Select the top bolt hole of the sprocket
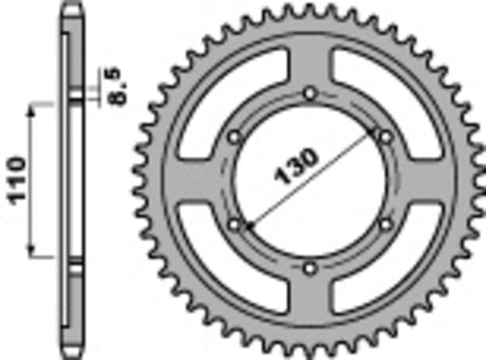pos(309,94)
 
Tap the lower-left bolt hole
pos(234,222)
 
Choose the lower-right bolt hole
pos(384,223)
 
